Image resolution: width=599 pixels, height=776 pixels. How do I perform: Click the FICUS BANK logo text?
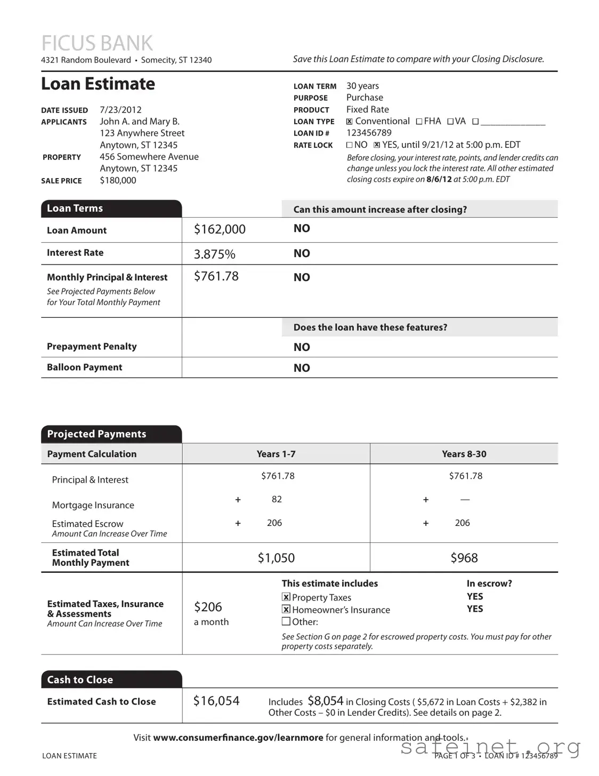click(x=97, y=43)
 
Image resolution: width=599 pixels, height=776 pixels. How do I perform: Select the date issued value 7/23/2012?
click(x=120, y=110)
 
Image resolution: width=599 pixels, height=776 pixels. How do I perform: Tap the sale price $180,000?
click(x=118, y=180)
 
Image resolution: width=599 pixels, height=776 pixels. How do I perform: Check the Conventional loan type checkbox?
click(x=350, y=122)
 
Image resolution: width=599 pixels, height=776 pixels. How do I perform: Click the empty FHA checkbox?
click(x=419, y=122)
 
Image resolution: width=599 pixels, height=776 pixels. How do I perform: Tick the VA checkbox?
click(x=450, y=122)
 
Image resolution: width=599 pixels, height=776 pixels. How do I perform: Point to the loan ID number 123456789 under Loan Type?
click(x=369, y=133)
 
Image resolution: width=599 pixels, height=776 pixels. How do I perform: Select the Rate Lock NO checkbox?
click(x=350, y=145)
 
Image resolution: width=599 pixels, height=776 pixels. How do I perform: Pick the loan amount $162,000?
click(x=220, y=229)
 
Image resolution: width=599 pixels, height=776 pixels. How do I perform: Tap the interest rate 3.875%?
click(x=214, y=254)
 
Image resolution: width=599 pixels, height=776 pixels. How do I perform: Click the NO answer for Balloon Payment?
click(x=302, y=368)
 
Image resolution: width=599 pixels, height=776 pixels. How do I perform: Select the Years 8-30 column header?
click(x=464, y=454)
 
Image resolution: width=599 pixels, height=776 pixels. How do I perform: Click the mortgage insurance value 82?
click(x=277, y=499)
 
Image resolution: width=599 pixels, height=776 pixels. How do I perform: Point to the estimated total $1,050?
click(x=276, y=558)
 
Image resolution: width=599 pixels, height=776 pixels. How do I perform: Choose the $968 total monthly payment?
click(x=464, y=558)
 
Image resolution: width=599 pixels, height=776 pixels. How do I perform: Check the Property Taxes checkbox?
click(x=286, y=597)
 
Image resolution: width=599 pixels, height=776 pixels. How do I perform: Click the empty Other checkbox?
click(x=286, y=621)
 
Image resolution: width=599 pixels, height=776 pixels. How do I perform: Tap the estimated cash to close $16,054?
click(x=216, y=701)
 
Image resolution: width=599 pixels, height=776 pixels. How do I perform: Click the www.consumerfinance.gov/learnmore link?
click(x=238, y=738)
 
